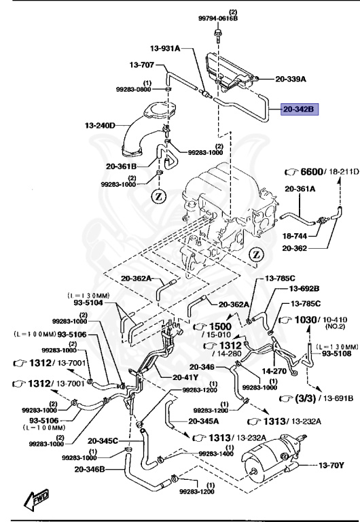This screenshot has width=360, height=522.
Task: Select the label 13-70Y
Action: click(x=332, y=466)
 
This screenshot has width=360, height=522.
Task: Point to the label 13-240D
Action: click(x=101, y=126)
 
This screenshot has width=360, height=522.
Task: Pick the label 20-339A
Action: click(x=291, y=79)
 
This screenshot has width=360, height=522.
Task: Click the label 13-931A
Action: click(x=165, y=48)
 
